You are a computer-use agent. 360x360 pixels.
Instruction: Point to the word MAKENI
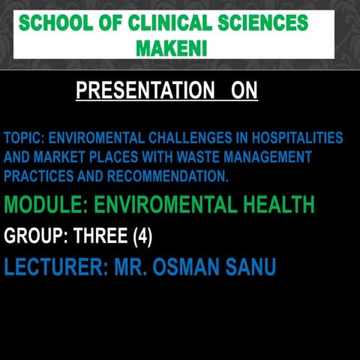click(172, 49)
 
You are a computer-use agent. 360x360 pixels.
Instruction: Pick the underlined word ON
click(244, 91)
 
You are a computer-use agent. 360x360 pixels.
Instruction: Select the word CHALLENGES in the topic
click(187, 139)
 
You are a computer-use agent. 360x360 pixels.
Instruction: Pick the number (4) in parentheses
click(142, 238)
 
